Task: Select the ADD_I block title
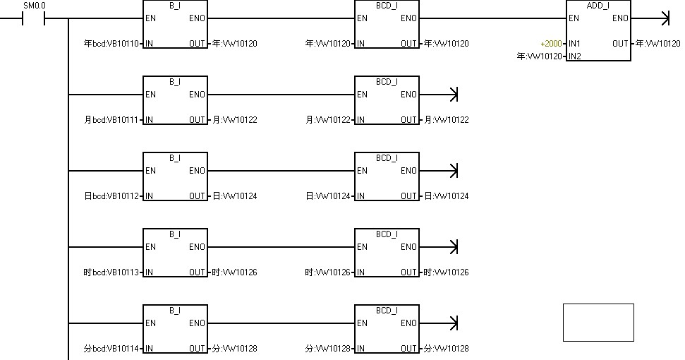tap(598, 5)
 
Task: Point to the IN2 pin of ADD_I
tap(574, 56)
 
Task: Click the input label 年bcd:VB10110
tap(111, 44)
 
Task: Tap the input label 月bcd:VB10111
tap(111, 120)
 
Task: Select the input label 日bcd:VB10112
tap(111, 196)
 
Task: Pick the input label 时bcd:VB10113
tap(111, 272)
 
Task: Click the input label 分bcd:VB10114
tap(111, 349)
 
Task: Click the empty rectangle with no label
tap(598, 323)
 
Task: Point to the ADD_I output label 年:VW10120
tap(658, 44)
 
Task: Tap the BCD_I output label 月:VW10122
tap(447, 120)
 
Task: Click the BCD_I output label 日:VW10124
tap(447, 196)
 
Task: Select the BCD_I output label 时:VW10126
tap(447, 272)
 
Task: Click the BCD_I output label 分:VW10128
tap(447, 349)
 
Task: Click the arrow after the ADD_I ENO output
tap(663, 18)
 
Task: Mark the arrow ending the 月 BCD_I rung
tap(453, 95)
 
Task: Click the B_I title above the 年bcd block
tap(175, 5)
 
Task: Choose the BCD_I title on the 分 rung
tap(387, 310)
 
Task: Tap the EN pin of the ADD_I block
tap(574, 18)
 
